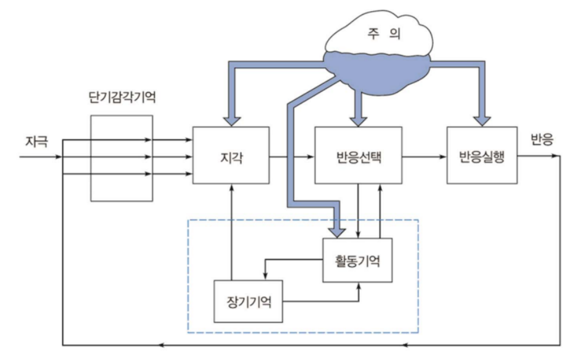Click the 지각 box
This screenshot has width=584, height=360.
coord(231,156)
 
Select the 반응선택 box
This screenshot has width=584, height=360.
coord(357,156)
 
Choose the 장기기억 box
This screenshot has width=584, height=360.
coord(250,301)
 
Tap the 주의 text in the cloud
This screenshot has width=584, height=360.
coord(378,34)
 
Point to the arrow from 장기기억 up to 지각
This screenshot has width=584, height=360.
coord(231,231)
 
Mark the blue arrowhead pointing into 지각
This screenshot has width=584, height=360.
coord(231,119)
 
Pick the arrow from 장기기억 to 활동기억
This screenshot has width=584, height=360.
coord(323,301)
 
